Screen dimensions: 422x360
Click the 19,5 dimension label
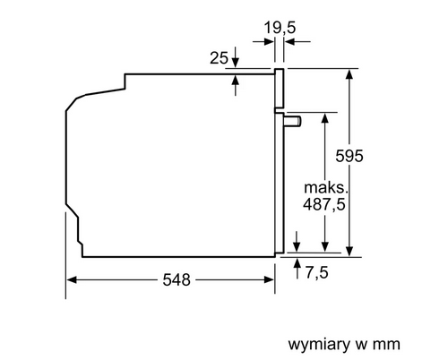click(280, 28)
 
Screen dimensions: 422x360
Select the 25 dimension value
click(219, 58)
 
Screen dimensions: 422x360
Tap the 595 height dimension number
click(349, 156)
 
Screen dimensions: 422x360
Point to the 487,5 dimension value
click(324, 204)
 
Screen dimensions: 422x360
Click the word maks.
click(326, 188)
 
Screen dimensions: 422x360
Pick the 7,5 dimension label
click(316, 272)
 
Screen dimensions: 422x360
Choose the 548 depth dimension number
click(177, 280)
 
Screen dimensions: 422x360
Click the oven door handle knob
click(293, 121)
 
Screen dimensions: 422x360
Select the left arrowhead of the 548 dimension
click(72, 280)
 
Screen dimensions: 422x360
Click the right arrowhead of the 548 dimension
click(269, 280)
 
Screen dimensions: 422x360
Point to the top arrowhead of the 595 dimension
click(349, 73)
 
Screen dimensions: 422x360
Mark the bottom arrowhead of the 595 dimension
click(349, 252)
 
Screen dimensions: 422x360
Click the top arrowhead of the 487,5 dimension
click(325, 117)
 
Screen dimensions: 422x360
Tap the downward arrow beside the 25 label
click(236, 57)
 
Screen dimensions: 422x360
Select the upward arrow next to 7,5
click(297, 269)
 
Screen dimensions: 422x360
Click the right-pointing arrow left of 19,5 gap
click(263, 41)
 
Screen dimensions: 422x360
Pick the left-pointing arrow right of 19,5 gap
click(297, 41)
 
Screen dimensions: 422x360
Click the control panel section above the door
click(279, 89)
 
